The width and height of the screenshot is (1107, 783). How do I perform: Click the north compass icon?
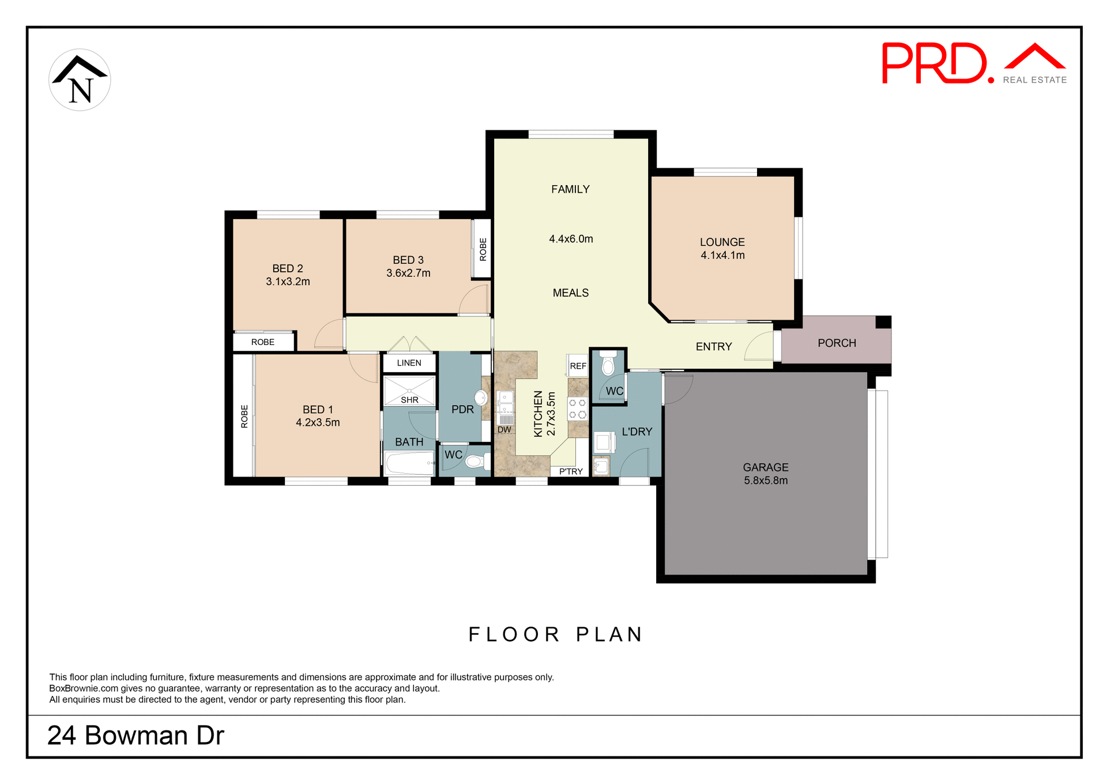click(80, 80)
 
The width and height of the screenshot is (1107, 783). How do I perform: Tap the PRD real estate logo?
click(973, 63)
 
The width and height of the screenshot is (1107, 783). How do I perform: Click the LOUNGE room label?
click(722, 242)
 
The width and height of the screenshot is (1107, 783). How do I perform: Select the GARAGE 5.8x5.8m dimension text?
click(765, 481)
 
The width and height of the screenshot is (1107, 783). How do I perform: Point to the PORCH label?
click(837, 343)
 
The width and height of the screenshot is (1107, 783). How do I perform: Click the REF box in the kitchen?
click(578, 366)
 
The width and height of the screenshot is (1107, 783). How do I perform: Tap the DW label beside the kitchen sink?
click(504, 430)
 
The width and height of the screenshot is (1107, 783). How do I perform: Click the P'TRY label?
click(571, 471)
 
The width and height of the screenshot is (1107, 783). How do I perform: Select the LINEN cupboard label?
click(409, 363)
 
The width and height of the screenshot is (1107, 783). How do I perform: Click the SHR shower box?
click(409, 391)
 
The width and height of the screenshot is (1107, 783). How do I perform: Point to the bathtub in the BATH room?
click(409, 463)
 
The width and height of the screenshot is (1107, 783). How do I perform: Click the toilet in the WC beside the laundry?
click(608, 365)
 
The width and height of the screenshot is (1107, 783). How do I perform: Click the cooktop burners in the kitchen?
click(577, 409)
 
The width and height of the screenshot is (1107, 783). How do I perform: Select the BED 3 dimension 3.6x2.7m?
click(408, 274)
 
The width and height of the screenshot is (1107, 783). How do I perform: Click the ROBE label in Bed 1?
click(244, 416)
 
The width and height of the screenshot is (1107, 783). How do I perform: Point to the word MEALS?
click(570, 293)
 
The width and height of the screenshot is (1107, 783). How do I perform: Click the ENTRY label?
click(713, 347)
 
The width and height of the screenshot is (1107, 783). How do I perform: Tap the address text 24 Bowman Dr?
click(135, 736)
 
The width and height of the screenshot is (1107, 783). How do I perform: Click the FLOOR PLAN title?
click(555, 635)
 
